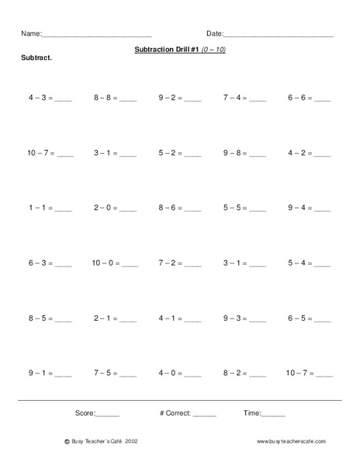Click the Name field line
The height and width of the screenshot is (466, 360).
(x=96, y=37)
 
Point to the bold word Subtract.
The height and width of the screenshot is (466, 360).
(x=36, y=59)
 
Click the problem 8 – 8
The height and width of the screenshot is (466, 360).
(x=106, y=99)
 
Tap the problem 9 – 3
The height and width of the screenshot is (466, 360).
(x=235, y=318)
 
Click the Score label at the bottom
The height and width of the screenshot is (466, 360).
(x=85, y=413)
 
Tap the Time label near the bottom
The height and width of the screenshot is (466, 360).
(x=252, y=413)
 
